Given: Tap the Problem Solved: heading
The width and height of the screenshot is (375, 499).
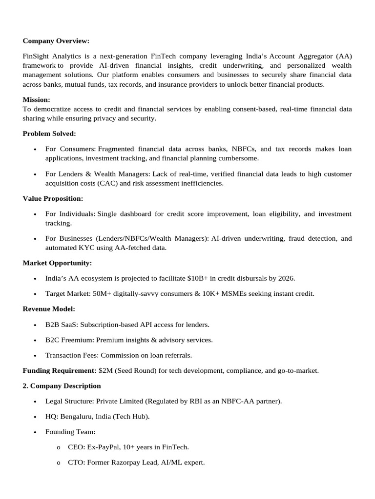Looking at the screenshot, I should (x=49, y=134).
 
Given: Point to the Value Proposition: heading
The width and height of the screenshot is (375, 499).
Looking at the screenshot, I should (x=53, y=198).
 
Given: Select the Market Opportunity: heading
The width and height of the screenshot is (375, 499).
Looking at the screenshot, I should (x=57, y=263).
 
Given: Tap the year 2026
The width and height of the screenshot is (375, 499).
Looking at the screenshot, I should (x=286, y=279).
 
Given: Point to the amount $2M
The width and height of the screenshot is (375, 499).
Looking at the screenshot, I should (x=106, y=371).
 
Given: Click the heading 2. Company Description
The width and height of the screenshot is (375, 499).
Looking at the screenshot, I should (x=62, y=386).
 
